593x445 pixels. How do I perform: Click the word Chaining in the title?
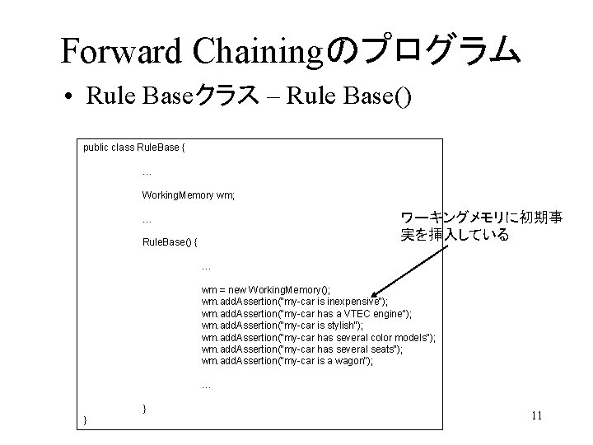tap(259, 50)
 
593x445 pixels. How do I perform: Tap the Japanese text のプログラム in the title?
tap(423, 50)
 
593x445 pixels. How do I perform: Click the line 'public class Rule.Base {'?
tap(134, 148)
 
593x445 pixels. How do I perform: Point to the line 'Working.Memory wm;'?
tap(188, 195)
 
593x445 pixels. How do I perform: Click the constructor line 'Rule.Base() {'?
tap(170, 243)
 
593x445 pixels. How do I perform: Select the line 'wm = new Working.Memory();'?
tap(265, 290)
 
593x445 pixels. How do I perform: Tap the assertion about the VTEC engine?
tap(306, 314)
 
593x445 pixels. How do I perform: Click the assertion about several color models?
tap(318, 338)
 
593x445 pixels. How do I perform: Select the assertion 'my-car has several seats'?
tap(301, 349)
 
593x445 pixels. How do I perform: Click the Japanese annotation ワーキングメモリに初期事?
tap(481, 218)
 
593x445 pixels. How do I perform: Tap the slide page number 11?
tap(536, 415)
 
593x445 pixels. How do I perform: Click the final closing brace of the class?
tap(86, 421)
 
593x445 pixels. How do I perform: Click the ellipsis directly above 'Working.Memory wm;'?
tap(147, 172)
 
